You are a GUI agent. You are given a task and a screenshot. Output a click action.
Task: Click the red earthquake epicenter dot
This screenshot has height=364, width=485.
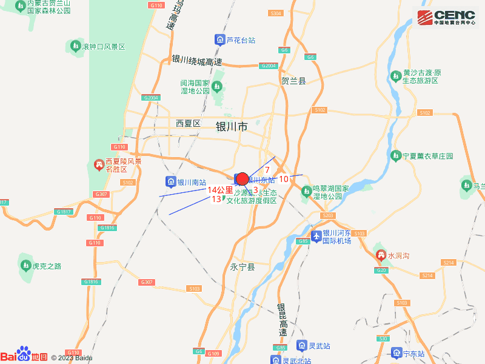tap(242, 179)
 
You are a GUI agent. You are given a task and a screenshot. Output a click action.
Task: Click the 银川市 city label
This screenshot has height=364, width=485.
tap(232, 127)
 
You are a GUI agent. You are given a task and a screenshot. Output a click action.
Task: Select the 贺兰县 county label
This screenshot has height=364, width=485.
tap(293, 80)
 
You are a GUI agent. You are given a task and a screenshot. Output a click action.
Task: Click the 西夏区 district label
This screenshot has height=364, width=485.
tap(188, 123)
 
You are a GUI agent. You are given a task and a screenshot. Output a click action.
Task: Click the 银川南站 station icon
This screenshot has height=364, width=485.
tap(170, 181)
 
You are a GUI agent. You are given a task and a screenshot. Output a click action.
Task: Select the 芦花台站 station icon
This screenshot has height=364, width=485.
tap(219, 40)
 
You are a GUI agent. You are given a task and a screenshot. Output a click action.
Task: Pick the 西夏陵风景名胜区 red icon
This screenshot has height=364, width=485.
tap(98, 164)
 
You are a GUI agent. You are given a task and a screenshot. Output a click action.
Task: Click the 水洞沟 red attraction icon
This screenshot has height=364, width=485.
tap(381, 255)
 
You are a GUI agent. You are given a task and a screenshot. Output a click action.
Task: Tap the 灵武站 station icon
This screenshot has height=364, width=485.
tap(301, 345)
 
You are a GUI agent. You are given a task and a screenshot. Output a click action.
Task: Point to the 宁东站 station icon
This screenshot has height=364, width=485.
tap(396, 352)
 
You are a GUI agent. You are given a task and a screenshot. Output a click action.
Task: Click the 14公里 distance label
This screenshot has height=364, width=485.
tap(220, 190)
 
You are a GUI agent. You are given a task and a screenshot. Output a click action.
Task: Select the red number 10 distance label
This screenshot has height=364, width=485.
tap(284, 179)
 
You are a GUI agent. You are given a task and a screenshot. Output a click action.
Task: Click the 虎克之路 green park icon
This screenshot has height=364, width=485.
tap(25, 265)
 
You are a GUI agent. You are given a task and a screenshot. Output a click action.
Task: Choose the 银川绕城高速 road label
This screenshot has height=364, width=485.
tap(197, 61)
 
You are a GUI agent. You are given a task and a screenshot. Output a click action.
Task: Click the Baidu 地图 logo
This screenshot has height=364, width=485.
tap(24, 356)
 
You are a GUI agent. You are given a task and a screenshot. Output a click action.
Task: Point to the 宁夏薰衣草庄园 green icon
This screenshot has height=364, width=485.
tap(396, 155)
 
